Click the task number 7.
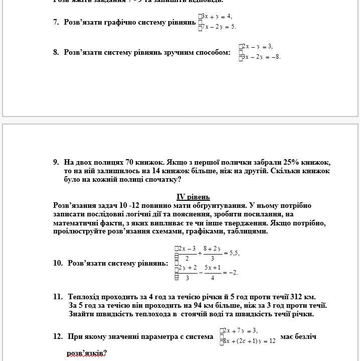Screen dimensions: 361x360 coord(56,23)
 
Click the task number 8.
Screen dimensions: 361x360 coord(56,52)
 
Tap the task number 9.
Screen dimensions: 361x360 coord(56,162)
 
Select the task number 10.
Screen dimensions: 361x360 coord(58,263)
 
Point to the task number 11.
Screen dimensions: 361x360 coord(58,297)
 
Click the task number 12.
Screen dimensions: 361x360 coord(58,336)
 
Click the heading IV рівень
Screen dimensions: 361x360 coord(193,197)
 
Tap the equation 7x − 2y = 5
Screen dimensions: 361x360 coord(219,27)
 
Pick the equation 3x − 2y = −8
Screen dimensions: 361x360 coord(262,57)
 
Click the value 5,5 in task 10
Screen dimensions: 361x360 coord(234,254)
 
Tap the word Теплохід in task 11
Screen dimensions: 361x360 coord(85,297)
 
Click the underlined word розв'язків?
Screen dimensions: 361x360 coord(87,353)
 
